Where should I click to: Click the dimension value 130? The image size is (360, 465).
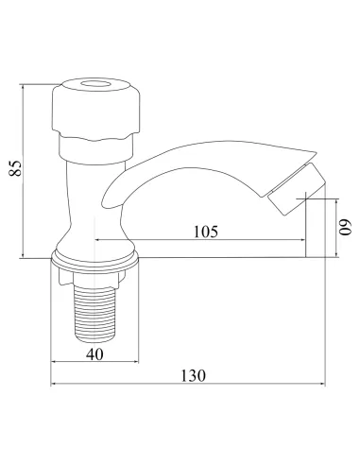192,375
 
